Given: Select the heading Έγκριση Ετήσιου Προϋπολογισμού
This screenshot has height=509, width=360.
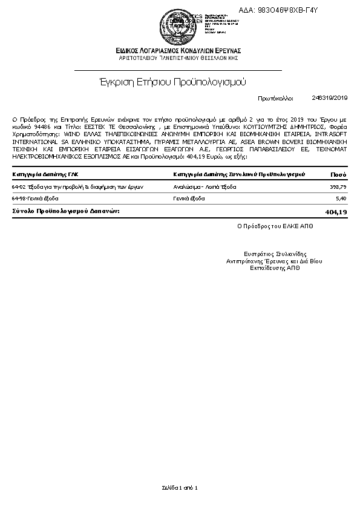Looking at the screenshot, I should [172, 81].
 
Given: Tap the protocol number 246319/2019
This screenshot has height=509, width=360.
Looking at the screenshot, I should [330, 97].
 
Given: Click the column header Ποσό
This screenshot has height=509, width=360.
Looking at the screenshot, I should [338, 174].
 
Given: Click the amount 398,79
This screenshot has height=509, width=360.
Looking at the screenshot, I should [336, 187].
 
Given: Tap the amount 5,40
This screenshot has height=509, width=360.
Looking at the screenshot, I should [340, 198].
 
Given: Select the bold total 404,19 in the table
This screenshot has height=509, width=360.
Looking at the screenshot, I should [335, 212].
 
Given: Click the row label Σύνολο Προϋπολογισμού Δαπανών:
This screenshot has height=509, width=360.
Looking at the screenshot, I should [66, 211].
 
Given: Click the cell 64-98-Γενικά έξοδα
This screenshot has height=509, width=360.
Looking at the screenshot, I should [35, 198].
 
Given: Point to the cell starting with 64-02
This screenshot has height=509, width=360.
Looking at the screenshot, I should [77, 187].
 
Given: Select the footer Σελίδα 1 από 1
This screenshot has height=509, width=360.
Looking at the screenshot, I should [180, 487].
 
